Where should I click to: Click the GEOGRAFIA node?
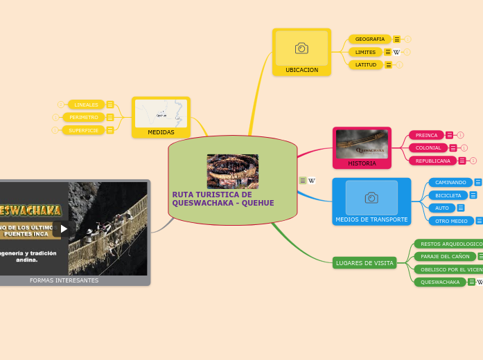coord(369,39)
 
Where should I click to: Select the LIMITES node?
coord(365,52)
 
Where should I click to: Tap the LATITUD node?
coord(365,64)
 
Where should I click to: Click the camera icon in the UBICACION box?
coord(301,48)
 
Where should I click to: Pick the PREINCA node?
coord(426,135)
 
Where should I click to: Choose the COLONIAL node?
coord(428,147)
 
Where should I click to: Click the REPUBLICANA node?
coord(432,161)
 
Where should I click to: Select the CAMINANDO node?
coord(450,182)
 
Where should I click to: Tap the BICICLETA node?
coord(448,195)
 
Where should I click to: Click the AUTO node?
coord(442,208)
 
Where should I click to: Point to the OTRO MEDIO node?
coord(451,221)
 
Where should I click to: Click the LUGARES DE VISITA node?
coord(365,263)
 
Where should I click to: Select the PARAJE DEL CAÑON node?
coord(446,256)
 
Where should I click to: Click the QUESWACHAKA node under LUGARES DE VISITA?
coord(440,282)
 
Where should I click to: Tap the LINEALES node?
coord(86,105)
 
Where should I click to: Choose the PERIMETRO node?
coord(83,117)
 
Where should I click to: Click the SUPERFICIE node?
coord(83,130)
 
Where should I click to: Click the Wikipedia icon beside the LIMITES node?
coord(396,52)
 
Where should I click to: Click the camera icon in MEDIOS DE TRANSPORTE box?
coord(371,198)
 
